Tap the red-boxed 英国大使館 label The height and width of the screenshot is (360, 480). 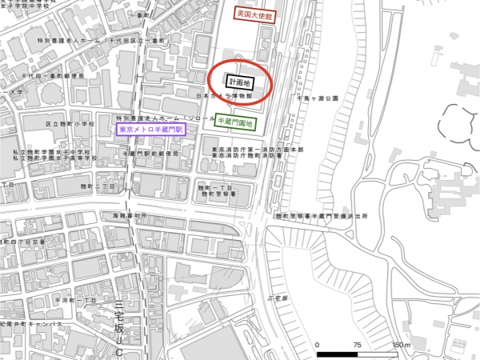click(x=254, y=14)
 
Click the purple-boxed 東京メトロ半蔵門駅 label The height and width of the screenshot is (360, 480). click(x=150, y=129)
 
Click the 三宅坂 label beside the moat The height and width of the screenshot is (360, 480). click(x=275, y=298)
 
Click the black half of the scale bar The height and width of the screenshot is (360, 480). click(x=337, y=353)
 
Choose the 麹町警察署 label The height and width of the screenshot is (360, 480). click(x=216, y=194)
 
